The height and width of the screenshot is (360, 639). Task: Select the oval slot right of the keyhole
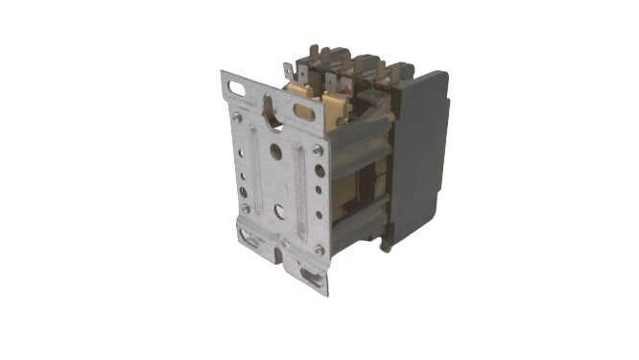click(304, 111)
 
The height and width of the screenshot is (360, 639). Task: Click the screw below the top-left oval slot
click(237, 117)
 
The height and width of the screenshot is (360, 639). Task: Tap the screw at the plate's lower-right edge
click(319, 250)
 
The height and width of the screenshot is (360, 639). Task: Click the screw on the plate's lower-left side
click(246, 207)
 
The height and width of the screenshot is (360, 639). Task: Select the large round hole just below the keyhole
click(276, 150)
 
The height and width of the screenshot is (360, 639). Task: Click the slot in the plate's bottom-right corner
click(312, 276)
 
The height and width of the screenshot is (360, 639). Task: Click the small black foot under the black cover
click(386, 246)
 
